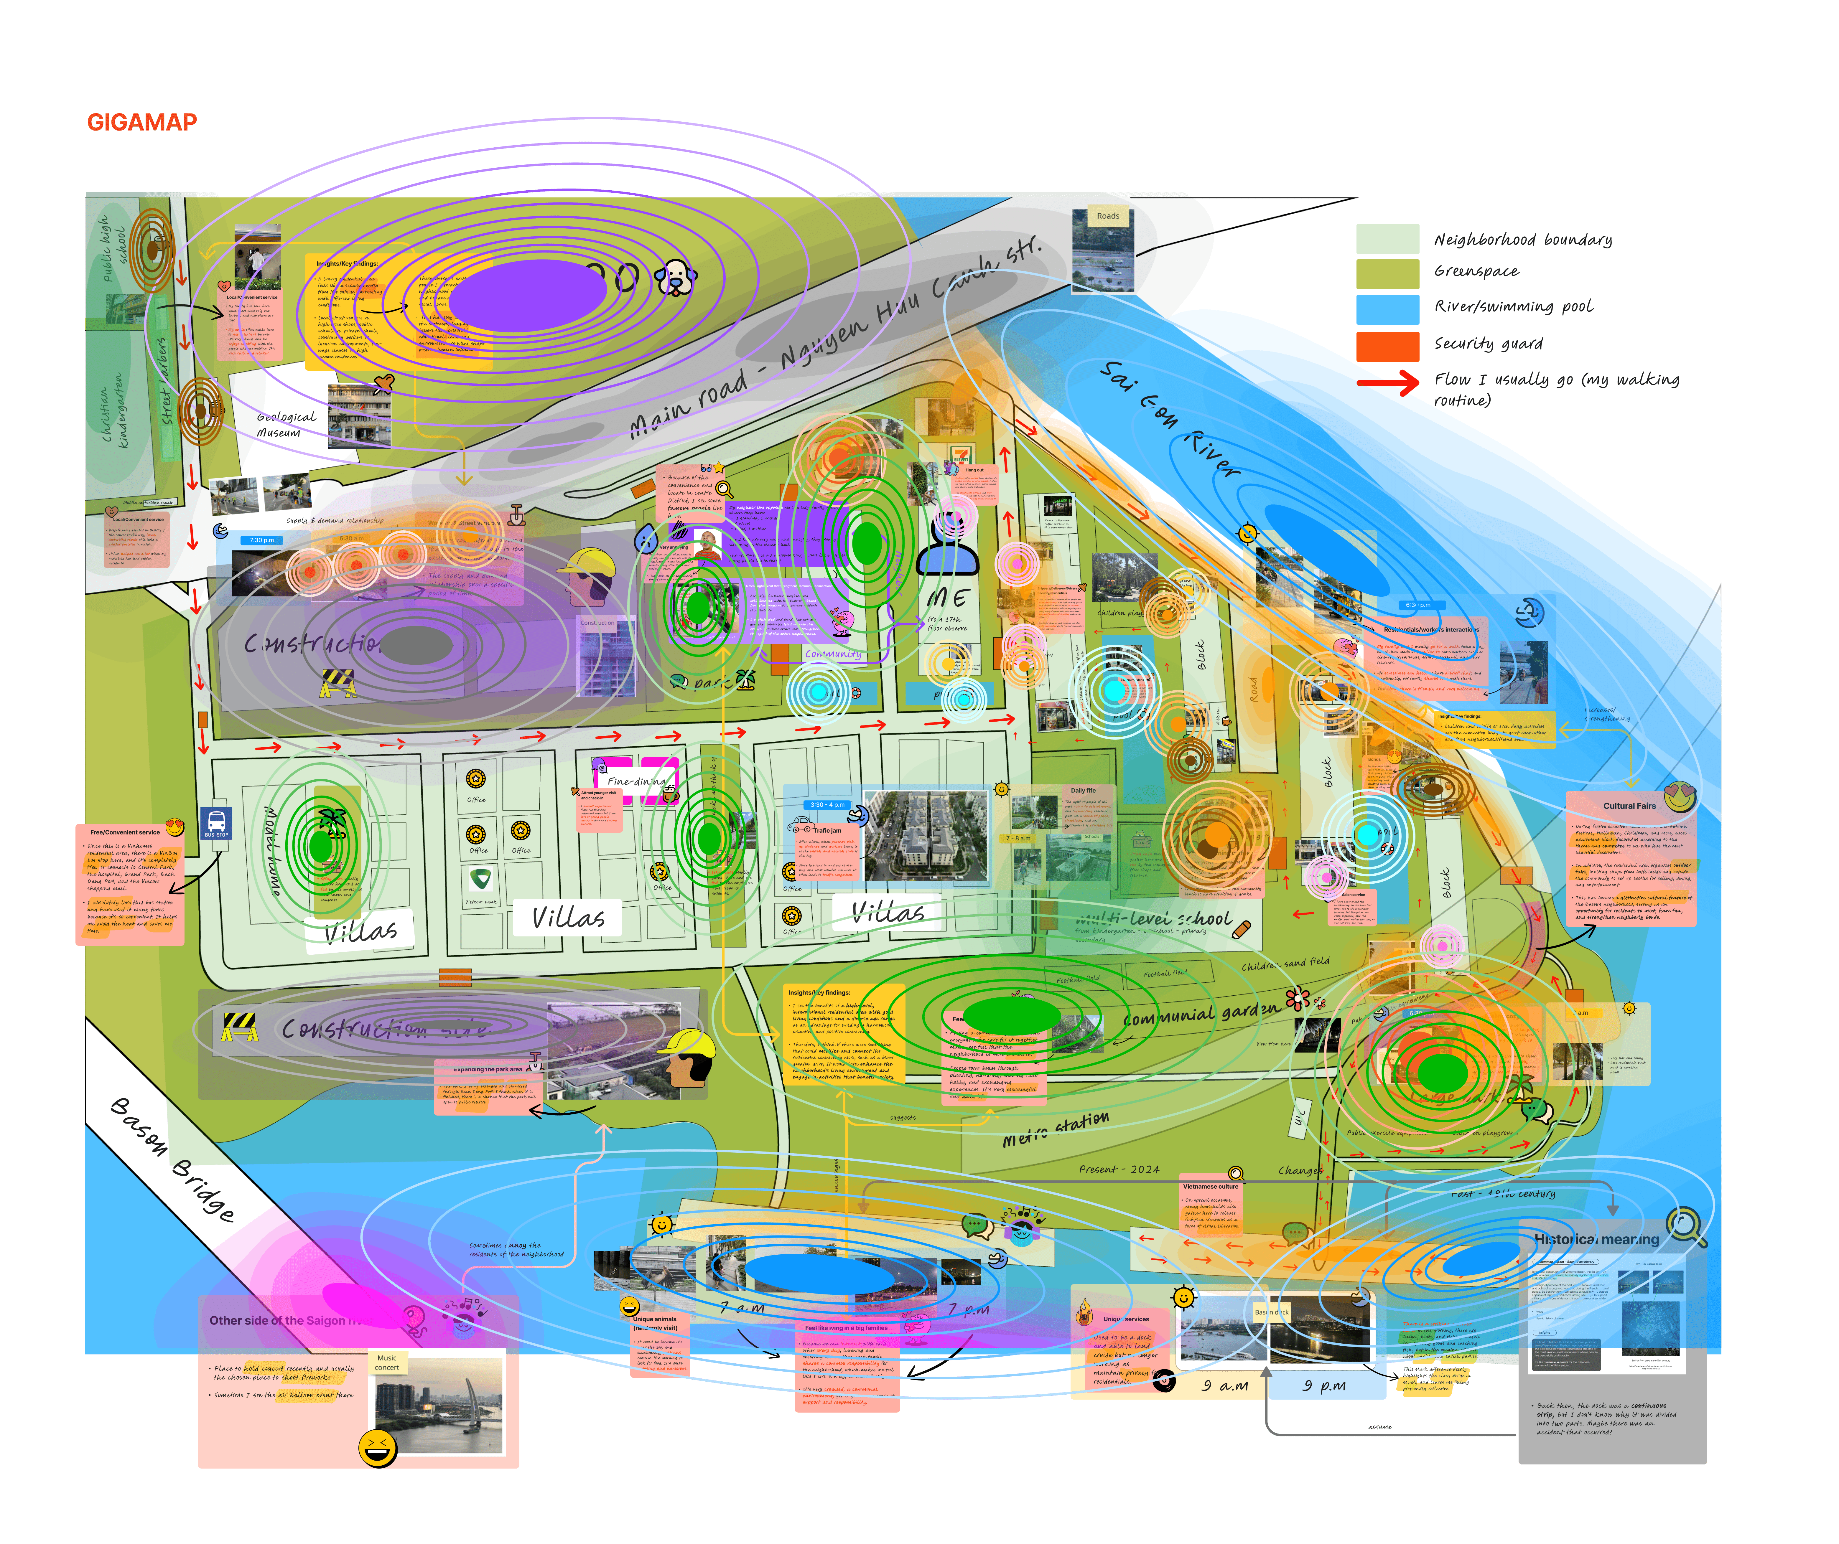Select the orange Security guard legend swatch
coord(1387,346)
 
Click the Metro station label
coord(1055,1129)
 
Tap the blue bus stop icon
coord(216,823)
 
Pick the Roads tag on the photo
coord(1108,216)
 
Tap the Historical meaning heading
coord(1596,1239)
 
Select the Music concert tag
coord(387,1363)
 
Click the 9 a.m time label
coord(1224,1385)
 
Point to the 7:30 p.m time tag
coord(261,540)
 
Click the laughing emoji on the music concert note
coord(377,1449)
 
